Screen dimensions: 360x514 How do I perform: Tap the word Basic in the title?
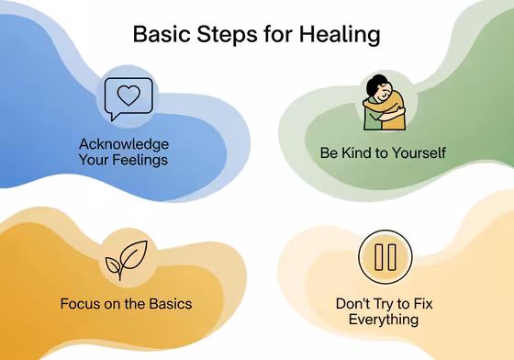(x=163, y=35)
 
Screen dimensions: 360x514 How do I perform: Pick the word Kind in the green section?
(x=357, y=152)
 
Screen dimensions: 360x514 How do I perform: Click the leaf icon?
(x=122, y=261)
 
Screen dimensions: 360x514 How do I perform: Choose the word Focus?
(x=80, y=303)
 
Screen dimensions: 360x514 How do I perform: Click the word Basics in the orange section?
(x=169, y=303)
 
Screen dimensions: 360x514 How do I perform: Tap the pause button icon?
(x=385, y=256)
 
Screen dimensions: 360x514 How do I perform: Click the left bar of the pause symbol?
(x=377, y=256)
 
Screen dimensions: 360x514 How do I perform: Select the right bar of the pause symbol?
(x=392, y=256)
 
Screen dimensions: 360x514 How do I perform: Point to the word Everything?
(x=384, y=320)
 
